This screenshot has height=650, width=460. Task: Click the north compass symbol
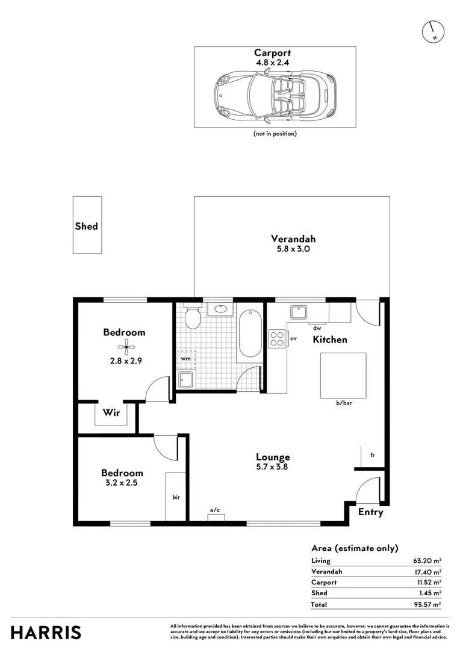pyautogui.click(x=433, y=32)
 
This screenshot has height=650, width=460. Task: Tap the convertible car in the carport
pyautogui.click(x=275, y=93)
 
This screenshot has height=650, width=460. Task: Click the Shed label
pyautogui.click(x=86, y=226)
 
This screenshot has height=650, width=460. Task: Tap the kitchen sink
pyautogui.click(x=299, y=312)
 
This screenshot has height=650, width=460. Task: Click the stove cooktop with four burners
pyautogui.click(x=276, y=339)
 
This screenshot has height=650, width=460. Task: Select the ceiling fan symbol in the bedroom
pyautogui.click(x=124, y=345)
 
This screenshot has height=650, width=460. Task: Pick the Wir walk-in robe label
pyautogui.click(x=110, y=413)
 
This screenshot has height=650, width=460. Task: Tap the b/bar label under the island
pyautogui.click(x=344, y=403)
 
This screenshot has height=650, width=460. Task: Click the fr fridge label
pyautogui.click(x=373, y=456)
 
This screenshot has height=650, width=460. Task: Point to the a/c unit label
pyautogui.click(x=214, y=510)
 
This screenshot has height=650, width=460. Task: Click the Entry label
pyautogui.click(x=370, y=512)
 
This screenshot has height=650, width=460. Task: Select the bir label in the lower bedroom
pyautogui.click(x=177, y=497)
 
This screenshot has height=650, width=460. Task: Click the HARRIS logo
pyautogui.click(x=46, y=633)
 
